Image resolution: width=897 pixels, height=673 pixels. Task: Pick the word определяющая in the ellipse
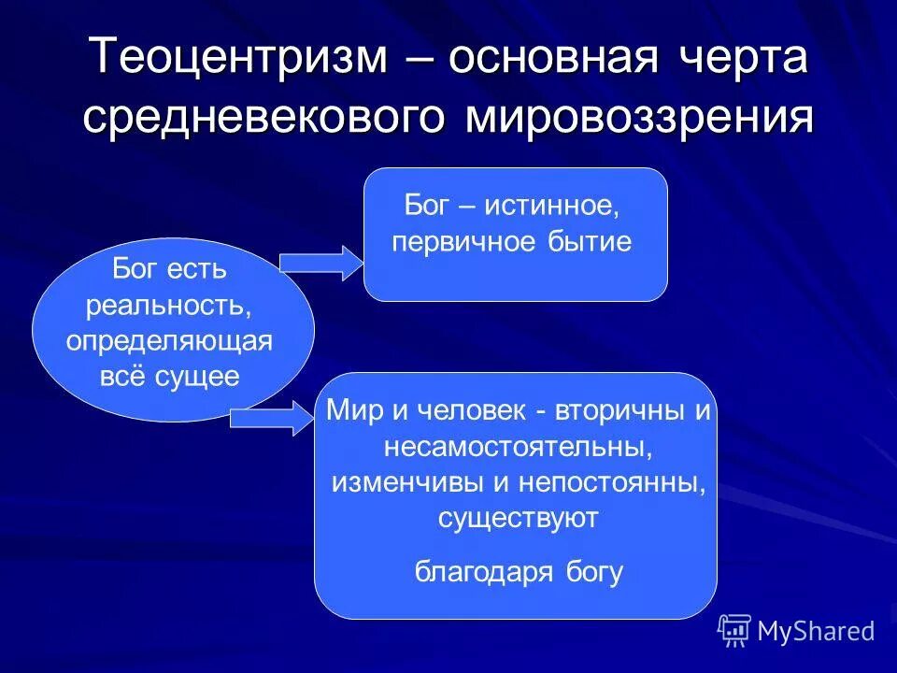tap(169, 341)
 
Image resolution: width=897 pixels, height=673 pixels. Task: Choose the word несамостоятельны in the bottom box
tap(517, 448)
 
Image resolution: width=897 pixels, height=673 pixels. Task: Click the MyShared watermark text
tap(816, 631)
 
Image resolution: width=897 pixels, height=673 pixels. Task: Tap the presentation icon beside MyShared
tap(734, 631)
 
